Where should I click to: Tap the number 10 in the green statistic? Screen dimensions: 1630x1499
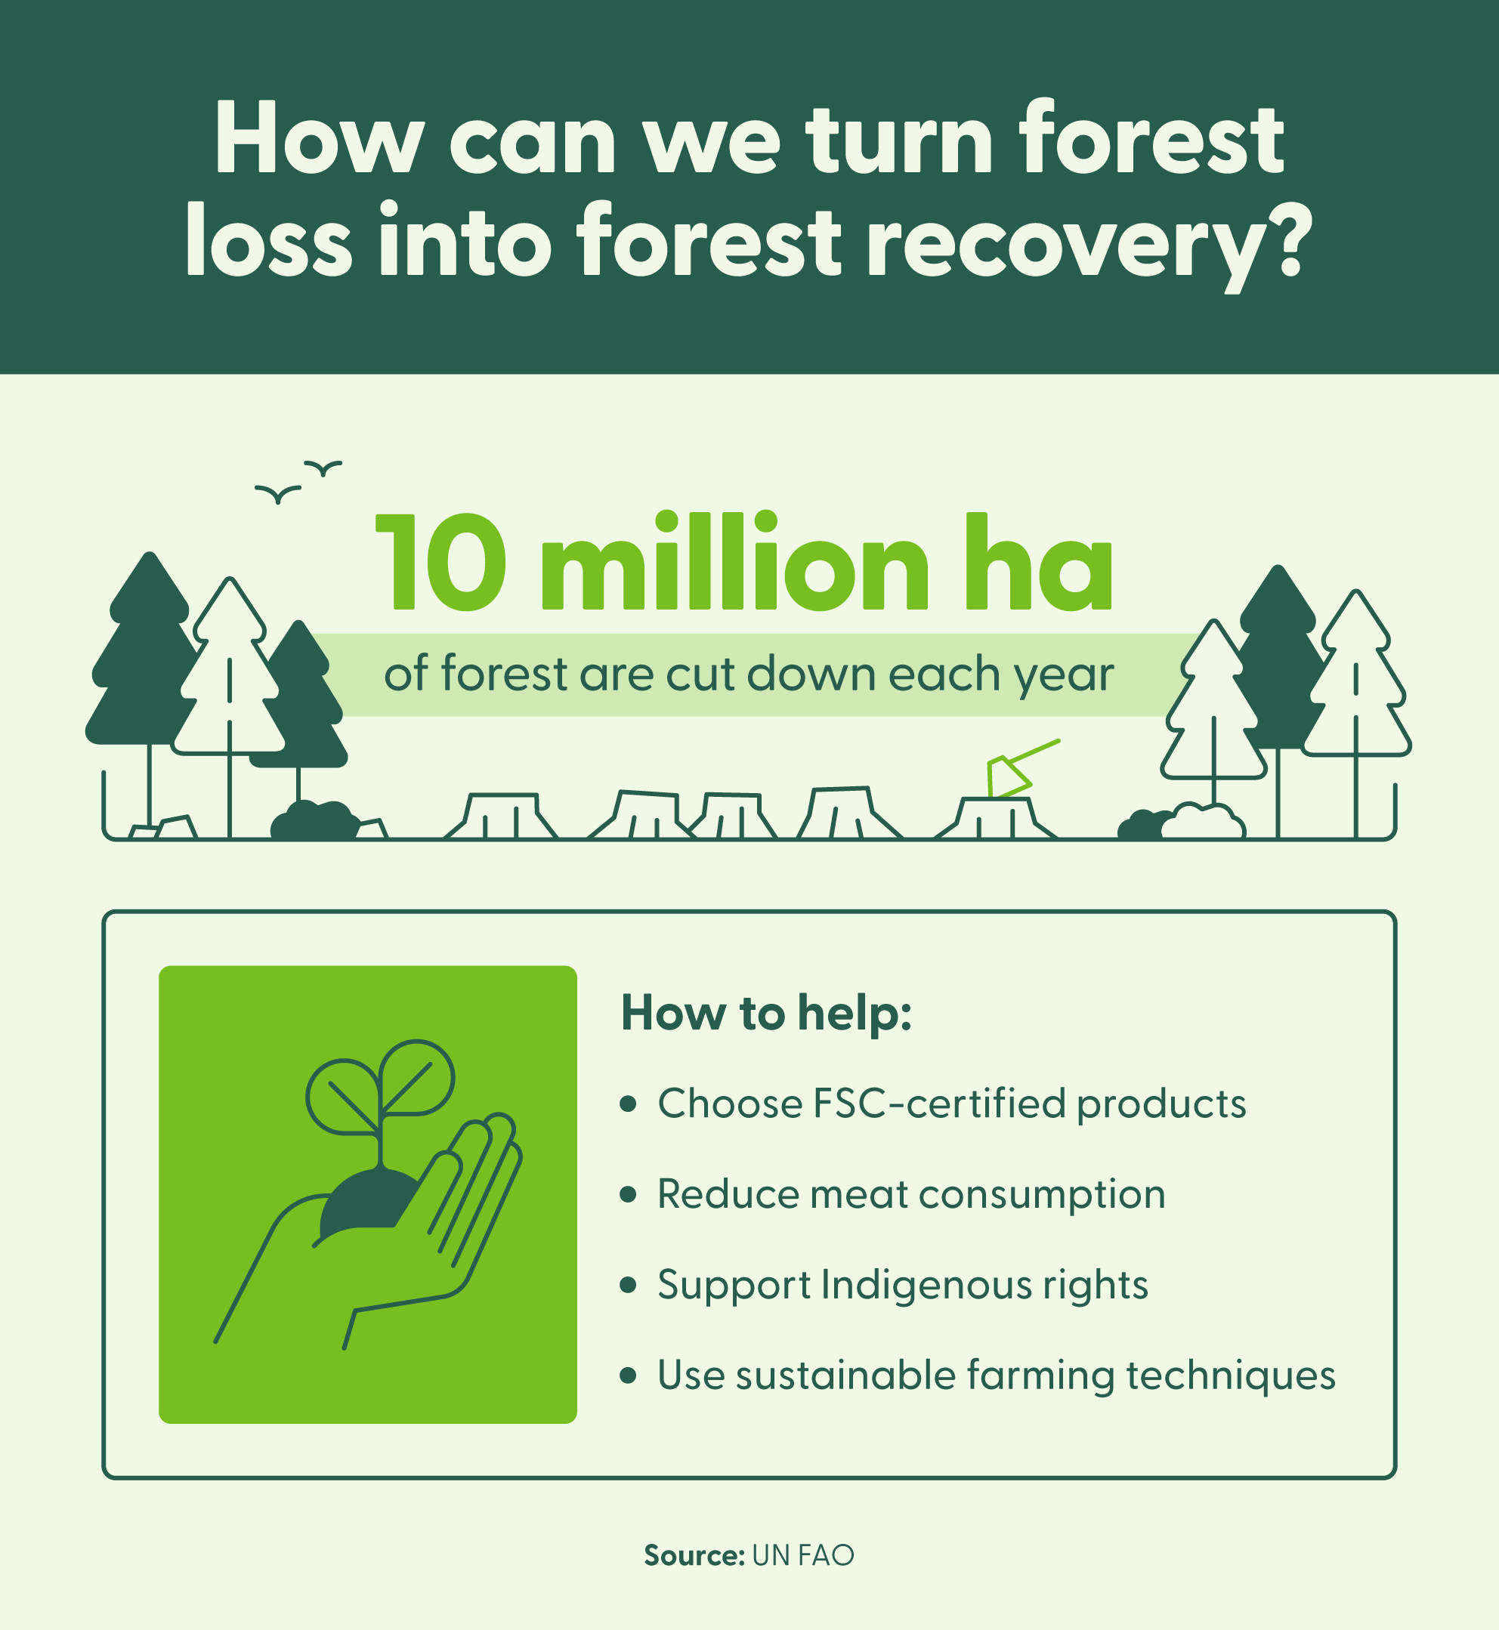[442, 562]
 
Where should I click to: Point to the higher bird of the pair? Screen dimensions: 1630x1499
[323, 468]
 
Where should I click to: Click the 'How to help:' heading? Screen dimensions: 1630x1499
[767, 1014]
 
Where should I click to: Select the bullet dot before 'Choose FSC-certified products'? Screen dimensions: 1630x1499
[627, 1104]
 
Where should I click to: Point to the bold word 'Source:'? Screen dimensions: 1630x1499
[694, 1555]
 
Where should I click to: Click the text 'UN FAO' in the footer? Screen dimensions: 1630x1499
[803, 1555]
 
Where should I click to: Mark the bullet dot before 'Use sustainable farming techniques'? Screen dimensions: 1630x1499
[627, 1375]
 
